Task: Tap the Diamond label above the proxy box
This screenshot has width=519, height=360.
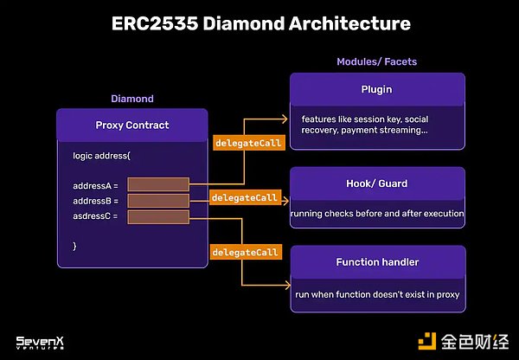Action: tap(131, 99)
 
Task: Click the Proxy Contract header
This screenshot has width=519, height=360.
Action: tap(131, 125)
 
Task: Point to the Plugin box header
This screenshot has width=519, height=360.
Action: tap(377, 89)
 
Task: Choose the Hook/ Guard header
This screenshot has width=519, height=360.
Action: tap(377, 183)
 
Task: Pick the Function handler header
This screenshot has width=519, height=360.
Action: tap(377, 261)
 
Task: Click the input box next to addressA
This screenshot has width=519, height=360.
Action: tap(158, 184)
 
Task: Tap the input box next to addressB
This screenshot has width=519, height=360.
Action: tap(158, 200)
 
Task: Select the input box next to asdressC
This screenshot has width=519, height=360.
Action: tap(158, 215)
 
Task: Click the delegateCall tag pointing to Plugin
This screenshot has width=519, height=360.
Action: tap(247, 143)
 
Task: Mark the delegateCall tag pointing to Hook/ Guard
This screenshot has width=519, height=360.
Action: tap(245, 198)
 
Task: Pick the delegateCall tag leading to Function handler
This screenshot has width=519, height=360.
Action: tap(245, 252)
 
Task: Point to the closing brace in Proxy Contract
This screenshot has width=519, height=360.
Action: tap(75, 247)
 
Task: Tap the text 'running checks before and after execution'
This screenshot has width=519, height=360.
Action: tap(377, 214)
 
